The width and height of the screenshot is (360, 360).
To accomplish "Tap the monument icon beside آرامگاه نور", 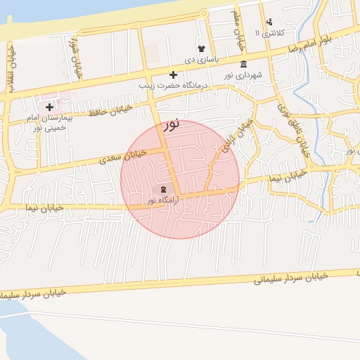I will (x=164, y=190).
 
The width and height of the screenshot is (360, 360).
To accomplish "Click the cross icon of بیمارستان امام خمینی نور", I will (x=49, y=108).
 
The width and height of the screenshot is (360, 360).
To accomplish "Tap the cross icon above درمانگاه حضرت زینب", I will (x=173, y=75).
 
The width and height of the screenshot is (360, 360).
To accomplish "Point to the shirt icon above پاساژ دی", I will (x=201, y=49).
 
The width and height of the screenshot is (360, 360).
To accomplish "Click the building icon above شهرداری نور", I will (x=243, y=65).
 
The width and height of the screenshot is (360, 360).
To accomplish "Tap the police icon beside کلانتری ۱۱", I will (x=269, y=22).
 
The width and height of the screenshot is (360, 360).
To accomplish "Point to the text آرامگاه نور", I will (x=164, y=200).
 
